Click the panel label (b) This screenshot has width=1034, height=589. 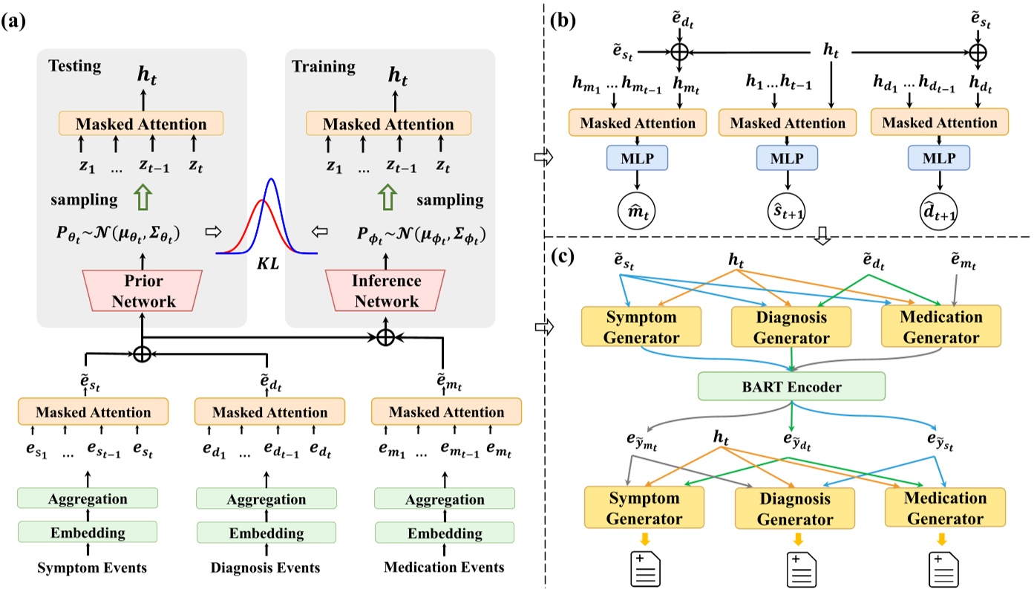click(565, 20)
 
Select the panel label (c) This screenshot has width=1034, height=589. click(565, 258)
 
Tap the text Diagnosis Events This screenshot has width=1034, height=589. click(264, 569)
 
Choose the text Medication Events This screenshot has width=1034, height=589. click(444, 569)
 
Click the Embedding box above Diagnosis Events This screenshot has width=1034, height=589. click(264, 533)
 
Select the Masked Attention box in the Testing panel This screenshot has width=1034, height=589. click(141, 124)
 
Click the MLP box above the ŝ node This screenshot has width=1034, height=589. click(786, 157)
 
